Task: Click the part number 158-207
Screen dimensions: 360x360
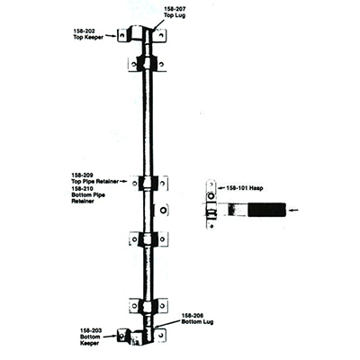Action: [x=175, y=9]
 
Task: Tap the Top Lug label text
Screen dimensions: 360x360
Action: [x=175, y=15]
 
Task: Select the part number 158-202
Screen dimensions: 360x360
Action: [x=85, y=31]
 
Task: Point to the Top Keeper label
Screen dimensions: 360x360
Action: [x=88, y=37]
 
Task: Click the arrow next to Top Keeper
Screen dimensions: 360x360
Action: [x=111, y=36]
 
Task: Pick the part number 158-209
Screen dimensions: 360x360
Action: [x=82, y=175]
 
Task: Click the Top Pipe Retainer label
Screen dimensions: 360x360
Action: [x=94, y=182]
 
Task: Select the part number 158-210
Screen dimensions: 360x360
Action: [x=82, y=188]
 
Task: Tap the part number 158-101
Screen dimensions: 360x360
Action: [x=237, y=188]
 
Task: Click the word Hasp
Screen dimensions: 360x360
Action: [x=256, y=188]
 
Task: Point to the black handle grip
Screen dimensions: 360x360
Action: [x=266, y=210]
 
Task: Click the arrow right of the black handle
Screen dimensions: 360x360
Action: [x=294, y=210]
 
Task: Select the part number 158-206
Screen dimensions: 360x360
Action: [x=193, y=316]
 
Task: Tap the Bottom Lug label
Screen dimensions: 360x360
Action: [x=197, y=322]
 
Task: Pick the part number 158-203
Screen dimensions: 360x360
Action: [x=91, y=330]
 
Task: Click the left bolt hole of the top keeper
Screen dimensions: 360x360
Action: [x=121, y=36]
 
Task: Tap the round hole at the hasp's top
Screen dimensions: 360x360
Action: [x=211, y=196]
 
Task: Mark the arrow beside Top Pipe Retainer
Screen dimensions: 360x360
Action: [x=123, y=182]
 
